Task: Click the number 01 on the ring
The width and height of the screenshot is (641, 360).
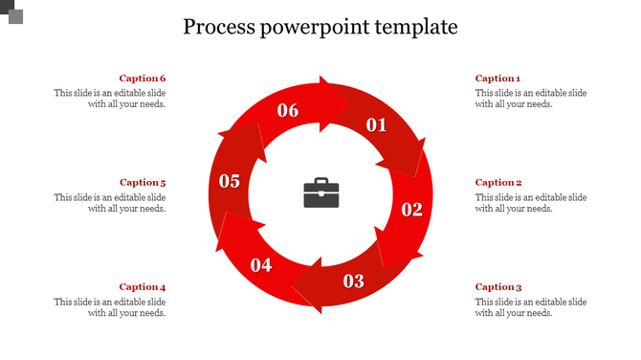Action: pos(376,124)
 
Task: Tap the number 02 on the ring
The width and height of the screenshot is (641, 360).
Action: pos(411,210)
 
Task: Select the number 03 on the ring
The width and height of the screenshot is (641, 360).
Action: pos(354,281)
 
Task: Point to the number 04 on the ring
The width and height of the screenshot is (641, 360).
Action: pos(261,265)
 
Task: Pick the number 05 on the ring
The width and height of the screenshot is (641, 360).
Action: pos(230,180)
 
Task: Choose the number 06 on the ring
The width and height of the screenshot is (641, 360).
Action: pos(288,110)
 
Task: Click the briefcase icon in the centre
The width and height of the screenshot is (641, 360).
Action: pos(321,192)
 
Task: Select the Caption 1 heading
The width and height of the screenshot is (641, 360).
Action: pos(497,79)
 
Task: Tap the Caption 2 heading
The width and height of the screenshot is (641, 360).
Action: pos(498,182)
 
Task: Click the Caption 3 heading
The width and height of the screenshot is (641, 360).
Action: pos(498,286)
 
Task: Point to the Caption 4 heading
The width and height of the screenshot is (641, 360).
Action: pos(143,286)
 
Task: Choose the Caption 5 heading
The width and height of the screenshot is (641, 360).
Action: pos(143,182)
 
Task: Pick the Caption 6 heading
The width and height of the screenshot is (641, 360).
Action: pos(143,79)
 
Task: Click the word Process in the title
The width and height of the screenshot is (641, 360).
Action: pos(218,26)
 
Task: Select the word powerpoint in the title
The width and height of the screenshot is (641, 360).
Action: pos(311,27)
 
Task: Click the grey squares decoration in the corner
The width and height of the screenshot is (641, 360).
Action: pos(11,11)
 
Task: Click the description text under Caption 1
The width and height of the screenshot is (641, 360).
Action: pos(531,99)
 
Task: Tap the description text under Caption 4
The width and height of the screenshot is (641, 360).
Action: pos(110,307)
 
